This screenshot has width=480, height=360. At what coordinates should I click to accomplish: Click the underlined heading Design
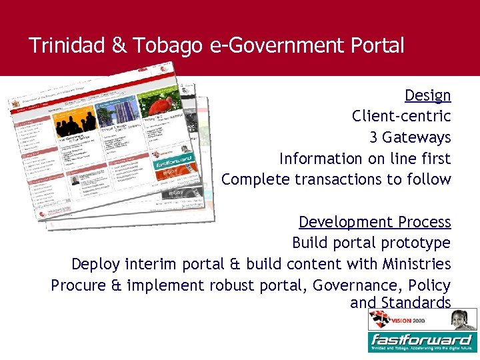(427, 95)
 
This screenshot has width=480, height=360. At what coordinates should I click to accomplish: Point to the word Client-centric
(401, 117)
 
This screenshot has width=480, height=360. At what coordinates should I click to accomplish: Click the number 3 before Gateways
(374, 138)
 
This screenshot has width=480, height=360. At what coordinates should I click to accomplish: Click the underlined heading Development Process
(375, 222)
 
